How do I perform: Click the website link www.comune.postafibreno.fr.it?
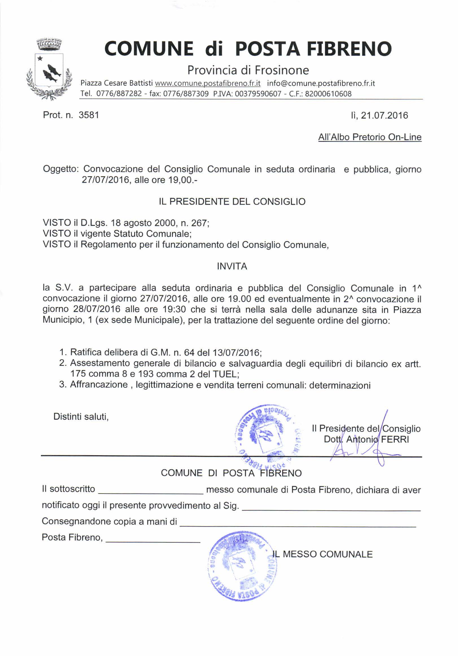(x=208, y=83)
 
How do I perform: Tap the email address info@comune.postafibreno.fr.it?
(x=321, y=83)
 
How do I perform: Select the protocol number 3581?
(x=89, y=115)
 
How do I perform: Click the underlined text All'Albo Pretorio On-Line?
(x=370, y=137)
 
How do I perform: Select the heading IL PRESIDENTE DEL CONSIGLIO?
(x=232, y=202)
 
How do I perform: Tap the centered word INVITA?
(x=232, y=266)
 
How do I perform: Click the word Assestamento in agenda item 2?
(x=99, y=364)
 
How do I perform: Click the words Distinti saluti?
(x=81, y=417)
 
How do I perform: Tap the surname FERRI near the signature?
(x=395, y=439)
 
